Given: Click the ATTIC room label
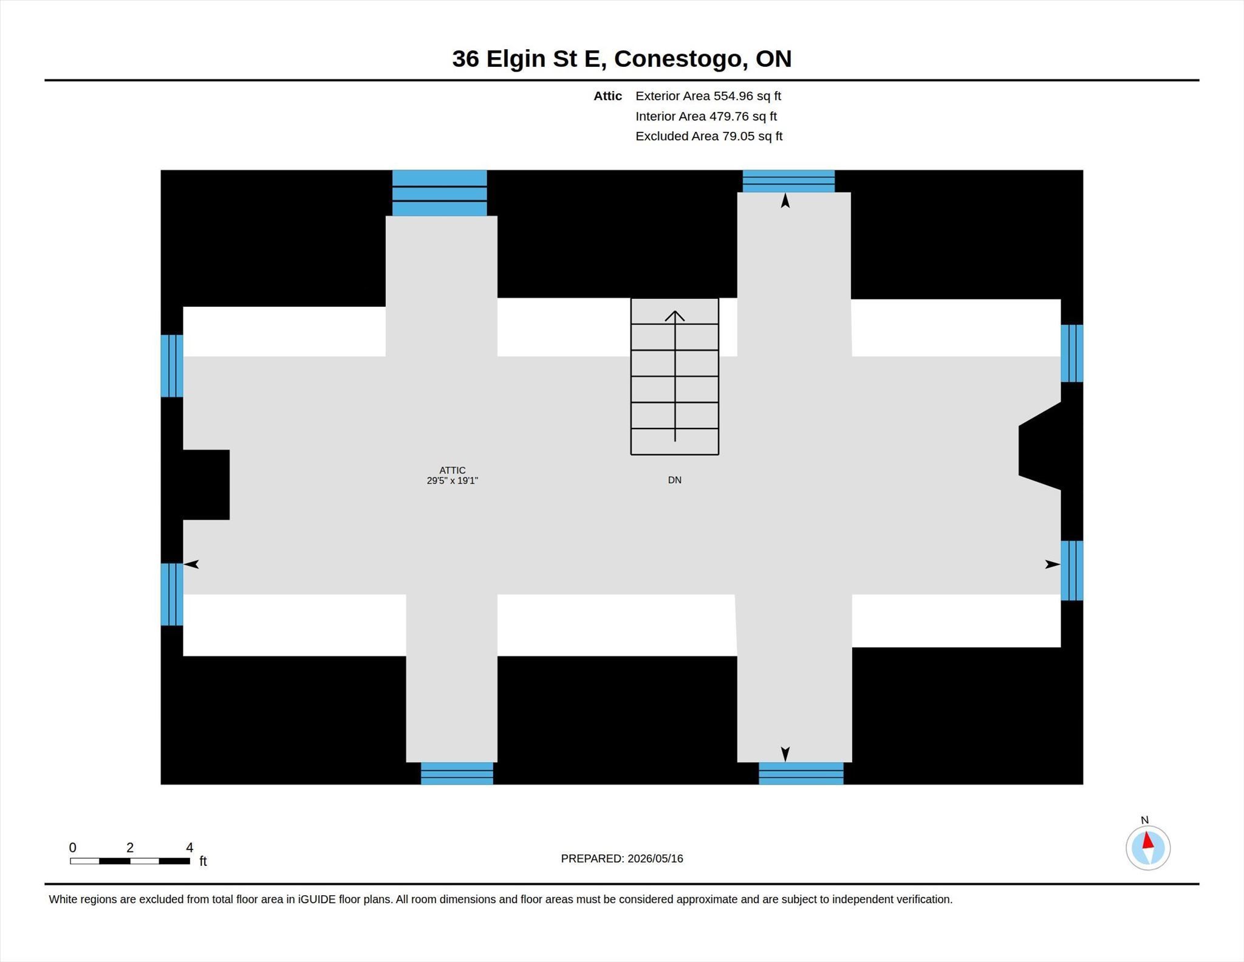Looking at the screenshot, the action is (452, 470).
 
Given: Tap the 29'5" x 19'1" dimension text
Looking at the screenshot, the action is (452, 481).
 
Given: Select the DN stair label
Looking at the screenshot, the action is (674, 480).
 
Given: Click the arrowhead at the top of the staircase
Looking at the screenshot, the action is (674, 315).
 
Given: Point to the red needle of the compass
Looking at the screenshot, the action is (1147, 840).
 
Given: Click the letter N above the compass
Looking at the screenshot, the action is (1144, 820).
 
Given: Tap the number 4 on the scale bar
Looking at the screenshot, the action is (190, 848).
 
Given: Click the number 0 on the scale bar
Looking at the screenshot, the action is (73, 848).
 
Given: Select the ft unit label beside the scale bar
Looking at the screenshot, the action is (203, 861).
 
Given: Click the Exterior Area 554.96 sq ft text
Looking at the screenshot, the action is (708, 96).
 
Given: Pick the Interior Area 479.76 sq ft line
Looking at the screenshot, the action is (706, 116).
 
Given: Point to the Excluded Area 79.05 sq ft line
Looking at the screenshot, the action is (709, 136).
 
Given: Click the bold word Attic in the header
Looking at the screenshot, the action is (607, 96).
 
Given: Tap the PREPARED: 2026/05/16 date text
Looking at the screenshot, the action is (622, 859).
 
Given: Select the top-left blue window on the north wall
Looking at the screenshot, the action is (439, 193).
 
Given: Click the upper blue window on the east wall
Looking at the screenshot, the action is (1072, 353).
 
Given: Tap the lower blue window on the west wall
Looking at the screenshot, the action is (172, 594).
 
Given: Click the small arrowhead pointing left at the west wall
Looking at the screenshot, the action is (191, 565).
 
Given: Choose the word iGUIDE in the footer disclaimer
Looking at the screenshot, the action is (316, 899).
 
